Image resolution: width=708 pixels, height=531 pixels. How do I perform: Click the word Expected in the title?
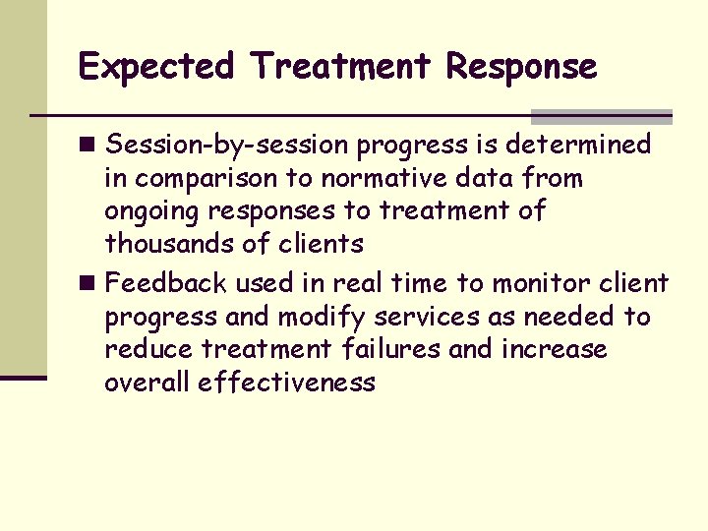[156, 68]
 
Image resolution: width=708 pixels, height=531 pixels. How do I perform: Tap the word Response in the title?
[521, 68]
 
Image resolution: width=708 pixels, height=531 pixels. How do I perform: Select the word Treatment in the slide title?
[340, 68]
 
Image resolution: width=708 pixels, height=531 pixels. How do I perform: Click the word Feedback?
[166, 284]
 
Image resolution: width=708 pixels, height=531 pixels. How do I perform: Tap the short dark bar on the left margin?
[24, 377]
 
